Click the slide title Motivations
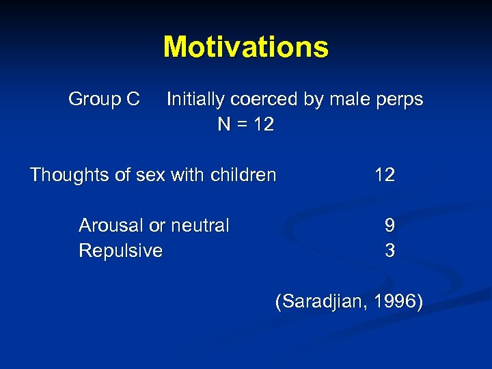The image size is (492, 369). (x=246, y=47)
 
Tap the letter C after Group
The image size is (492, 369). (x=133, y=100)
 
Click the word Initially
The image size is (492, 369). (x=195, y=100)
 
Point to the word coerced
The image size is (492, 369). (x=263, y=100)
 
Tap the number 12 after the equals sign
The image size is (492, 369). (x=263, y=124)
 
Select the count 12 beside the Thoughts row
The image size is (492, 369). (x=385, y=176)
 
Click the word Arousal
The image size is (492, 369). (x=110, y=225)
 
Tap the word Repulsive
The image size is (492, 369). (x=120, y=251)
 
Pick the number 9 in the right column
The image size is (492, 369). (x=389, y=225)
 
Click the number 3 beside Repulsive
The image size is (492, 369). (x=389, y=251)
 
